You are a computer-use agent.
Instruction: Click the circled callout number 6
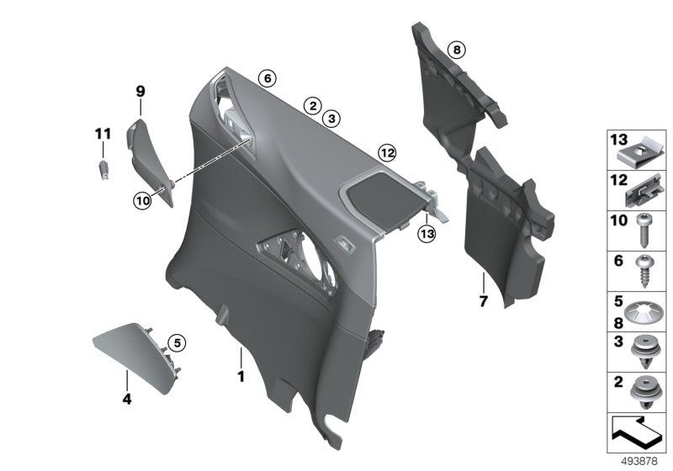coord(267,79)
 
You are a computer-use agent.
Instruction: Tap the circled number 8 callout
coord(455,50)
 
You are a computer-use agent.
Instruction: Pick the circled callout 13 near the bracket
coord(427,232)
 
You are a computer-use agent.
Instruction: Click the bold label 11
coord(103,133)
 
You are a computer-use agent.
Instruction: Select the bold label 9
coord(140,90)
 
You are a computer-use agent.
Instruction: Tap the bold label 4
coord(127,400)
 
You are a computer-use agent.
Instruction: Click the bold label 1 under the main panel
coord(241,377)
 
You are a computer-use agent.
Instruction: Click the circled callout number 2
coord(311,106)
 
